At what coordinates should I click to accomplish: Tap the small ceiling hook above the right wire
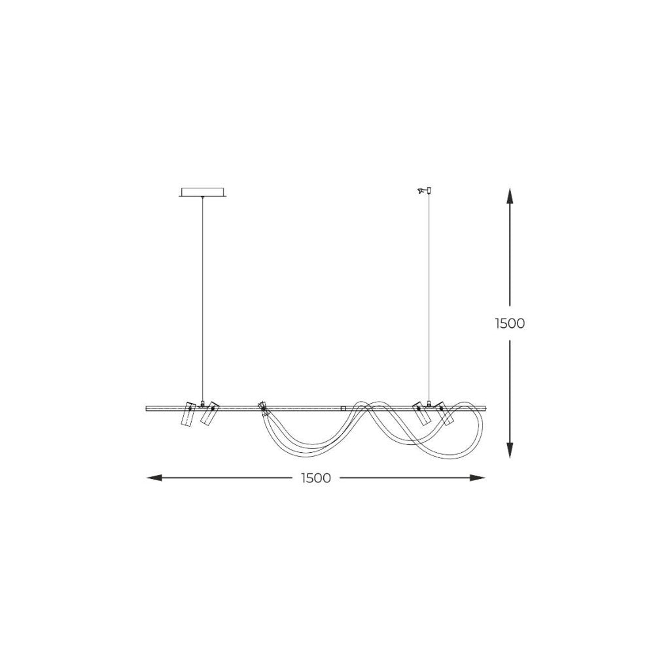425,190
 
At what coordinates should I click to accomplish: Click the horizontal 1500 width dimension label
316,478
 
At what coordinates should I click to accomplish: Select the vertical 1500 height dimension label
510,323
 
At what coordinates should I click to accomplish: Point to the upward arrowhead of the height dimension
509,196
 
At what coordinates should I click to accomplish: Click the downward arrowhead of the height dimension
509,450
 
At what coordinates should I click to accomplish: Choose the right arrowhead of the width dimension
477,478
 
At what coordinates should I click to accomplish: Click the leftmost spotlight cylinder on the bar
188,414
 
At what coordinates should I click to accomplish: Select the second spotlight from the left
209,413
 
